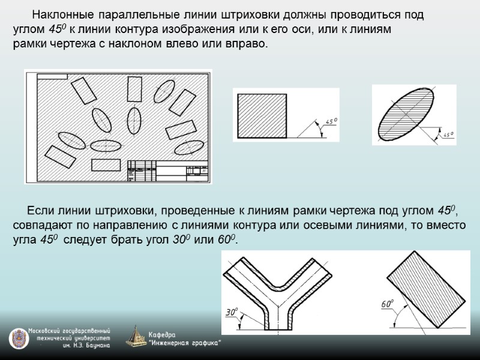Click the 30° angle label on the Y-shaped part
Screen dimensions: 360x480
232,312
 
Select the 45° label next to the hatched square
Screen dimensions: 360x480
331,122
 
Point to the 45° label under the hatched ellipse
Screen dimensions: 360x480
448,134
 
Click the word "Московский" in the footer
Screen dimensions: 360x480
48,331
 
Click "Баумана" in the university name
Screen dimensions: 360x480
96,346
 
